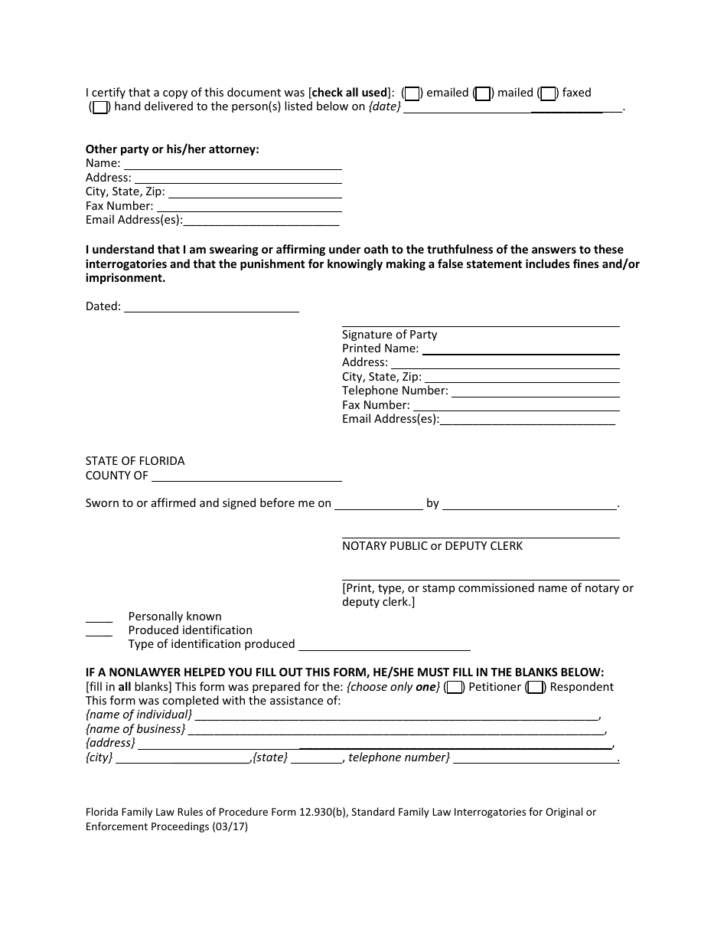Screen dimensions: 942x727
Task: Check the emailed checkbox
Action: pos(412,93)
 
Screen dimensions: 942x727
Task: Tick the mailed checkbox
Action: pos(482,93)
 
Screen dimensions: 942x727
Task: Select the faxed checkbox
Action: pos(547,93)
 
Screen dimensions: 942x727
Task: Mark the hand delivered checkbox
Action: pos(99,107)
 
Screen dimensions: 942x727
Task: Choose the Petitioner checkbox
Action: pos(454,687)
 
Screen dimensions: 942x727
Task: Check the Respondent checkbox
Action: pos(536,687)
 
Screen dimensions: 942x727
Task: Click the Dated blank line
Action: pos(211,307)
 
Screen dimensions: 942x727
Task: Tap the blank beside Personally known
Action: pos(99,617)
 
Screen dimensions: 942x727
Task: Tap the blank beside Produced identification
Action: pos(99,631)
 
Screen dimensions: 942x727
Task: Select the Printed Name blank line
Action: pos(520,349)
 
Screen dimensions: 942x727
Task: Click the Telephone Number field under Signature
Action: pos(535,391)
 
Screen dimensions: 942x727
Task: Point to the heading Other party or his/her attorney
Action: pos(172,149)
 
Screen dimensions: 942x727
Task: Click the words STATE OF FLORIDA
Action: pos(135,461)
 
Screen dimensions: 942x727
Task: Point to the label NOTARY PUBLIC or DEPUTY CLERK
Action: pos(432,546)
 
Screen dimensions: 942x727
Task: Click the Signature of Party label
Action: pos(390,335)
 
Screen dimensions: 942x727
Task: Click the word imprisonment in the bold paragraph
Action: pos(125,278)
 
